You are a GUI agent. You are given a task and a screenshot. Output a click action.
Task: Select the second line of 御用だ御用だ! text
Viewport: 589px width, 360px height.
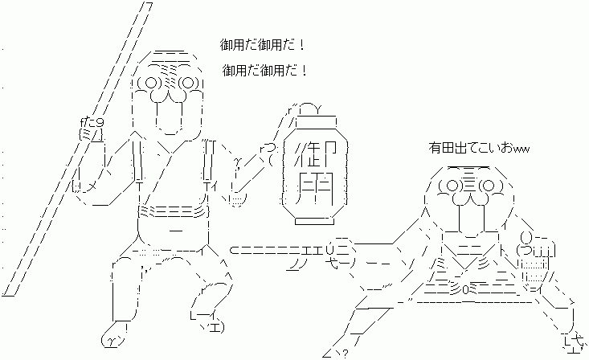point(264,71)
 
